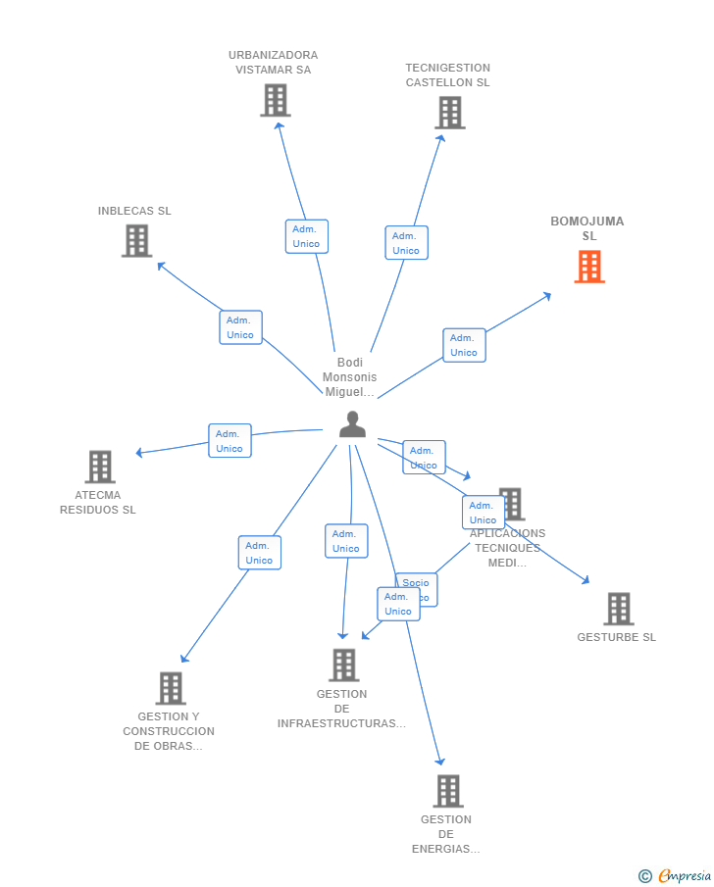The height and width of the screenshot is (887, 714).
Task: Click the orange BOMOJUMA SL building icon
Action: pyautogui.click(x=589, y=267)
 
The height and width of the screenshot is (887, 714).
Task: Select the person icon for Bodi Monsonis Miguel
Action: pyautogui.click(x=352, y=424)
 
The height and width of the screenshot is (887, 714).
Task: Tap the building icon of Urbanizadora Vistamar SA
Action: pyautogui.click(x=276, y=100)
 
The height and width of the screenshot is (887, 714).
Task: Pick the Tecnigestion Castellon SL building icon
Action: pyautogui.click(x=449, y=113)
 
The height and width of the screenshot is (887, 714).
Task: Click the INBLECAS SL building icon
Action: pyautogui.click(x=136, y=240)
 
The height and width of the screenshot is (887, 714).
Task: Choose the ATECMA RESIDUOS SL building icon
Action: pyautogui.click(x=99, y=467)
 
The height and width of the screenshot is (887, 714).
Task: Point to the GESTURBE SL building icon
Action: pyautogui.click(x=618, y=609)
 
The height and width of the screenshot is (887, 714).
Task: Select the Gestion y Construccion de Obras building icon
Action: pyautogui.click(x=170, y=688)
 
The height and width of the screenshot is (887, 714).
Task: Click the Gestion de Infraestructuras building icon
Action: pyautogui.click(x=343, y=665)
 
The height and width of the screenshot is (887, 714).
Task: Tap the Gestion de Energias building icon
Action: pyautogui.click(x=447, y=791)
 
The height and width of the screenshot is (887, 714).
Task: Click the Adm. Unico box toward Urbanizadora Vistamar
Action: pyautogui.click(x=306, y=236)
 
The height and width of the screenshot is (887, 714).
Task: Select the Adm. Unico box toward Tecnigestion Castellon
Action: pyautogui.click(x=406, y=243)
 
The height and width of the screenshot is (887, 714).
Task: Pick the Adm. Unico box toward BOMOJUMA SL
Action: pyautogui.click(x=464, y=345)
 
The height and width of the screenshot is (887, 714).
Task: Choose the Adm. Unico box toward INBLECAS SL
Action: pyautogui.click(x=240, y=327)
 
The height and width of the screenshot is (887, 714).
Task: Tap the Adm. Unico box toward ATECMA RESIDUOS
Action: pyautogui.click(x=229, y=441)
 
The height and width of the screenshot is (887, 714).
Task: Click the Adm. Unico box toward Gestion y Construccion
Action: pyautogui.click(x=259, y=553)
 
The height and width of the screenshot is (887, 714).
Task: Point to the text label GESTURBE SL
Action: pyautogui.click(x=616, y=637)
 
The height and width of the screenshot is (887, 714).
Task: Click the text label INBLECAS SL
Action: pyautogui.click(x=134, y=211)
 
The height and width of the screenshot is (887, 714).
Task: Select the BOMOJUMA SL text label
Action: pyautogui.click(x=587, y=228)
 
